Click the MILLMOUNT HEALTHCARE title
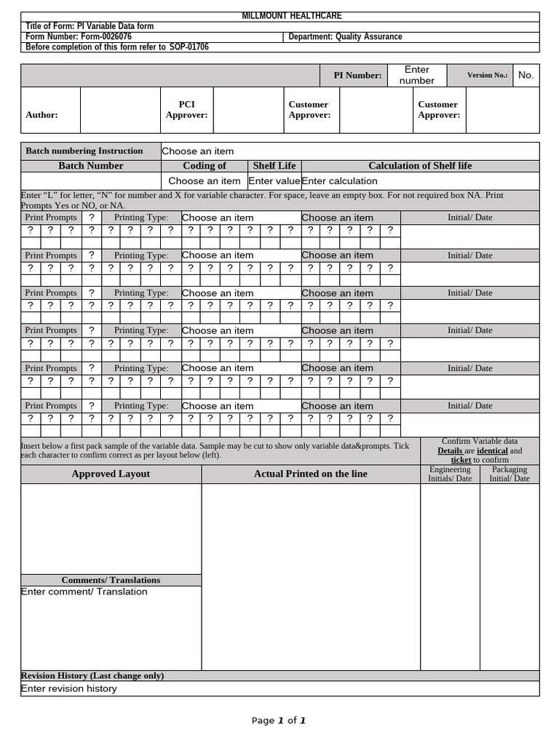coord(280,16)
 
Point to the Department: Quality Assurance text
coord(345,37)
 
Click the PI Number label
coord(357,76)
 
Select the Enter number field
coord(417,76)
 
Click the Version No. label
coord(488,76)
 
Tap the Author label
coord(41,115)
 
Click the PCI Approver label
coord(186,110)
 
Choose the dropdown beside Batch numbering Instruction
coord(198,151)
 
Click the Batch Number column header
coord(91,166)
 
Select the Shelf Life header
coord(274,166)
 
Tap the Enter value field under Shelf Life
coord(274,181)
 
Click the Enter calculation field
coord(340,181)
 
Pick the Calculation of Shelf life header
coord(420,166)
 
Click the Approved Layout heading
coord(111,474)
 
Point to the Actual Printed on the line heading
coord(311,474)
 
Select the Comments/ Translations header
coord(111,580)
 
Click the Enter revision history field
coord(69,689)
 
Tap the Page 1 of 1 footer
coord(279,721)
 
